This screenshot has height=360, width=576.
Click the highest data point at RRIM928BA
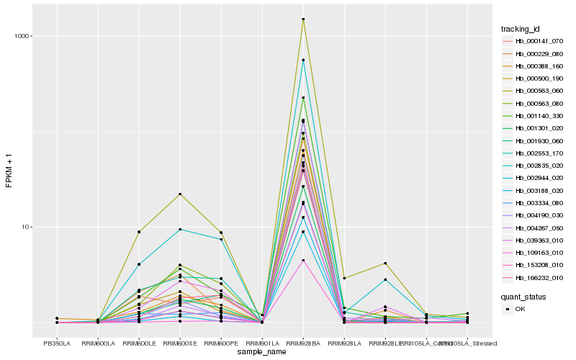click(303, 19)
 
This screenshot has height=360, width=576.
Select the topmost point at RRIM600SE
click(180, 194)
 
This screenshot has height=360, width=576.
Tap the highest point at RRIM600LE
click(139, 232)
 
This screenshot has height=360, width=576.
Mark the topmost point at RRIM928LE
click(385, 264)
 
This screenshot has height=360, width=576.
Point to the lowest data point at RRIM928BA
click(303, 260)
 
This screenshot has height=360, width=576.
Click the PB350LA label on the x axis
click(57, 343)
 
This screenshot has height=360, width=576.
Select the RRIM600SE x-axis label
click(180, 343)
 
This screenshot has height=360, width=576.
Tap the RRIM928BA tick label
click(303, 343)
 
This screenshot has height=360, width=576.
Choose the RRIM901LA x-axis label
click(262, 343)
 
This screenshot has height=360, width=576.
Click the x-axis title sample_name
click(262, 352)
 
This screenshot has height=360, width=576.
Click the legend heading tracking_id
click(521, 29)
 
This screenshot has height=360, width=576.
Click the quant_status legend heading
click(523, 296)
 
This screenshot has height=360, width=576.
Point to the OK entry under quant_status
click(519, 308)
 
